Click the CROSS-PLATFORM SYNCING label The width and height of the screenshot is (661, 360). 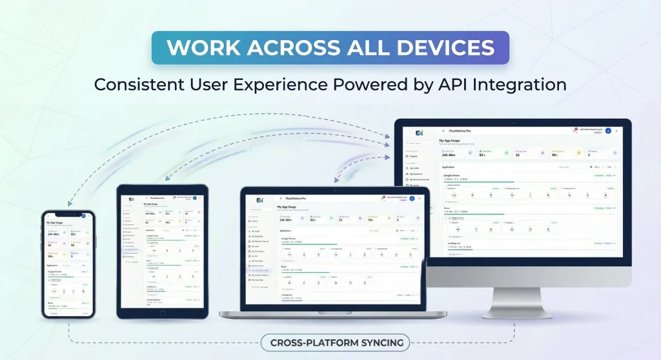(335, 343)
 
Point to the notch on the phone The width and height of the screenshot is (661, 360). (68, 212)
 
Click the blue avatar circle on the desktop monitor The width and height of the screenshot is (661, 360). (608, 131)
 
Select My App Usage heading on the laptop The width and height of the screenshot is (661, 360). (292, 206)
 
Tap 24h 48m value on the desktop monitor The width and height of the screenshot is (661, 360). (449, 155)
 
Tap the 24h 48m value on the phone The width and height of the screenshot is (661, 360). (53, 234)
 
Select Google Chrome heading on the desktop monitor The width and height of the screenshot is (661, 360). (455, 175)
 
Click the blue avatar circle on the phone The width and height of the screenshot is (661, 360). (83, 216)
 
